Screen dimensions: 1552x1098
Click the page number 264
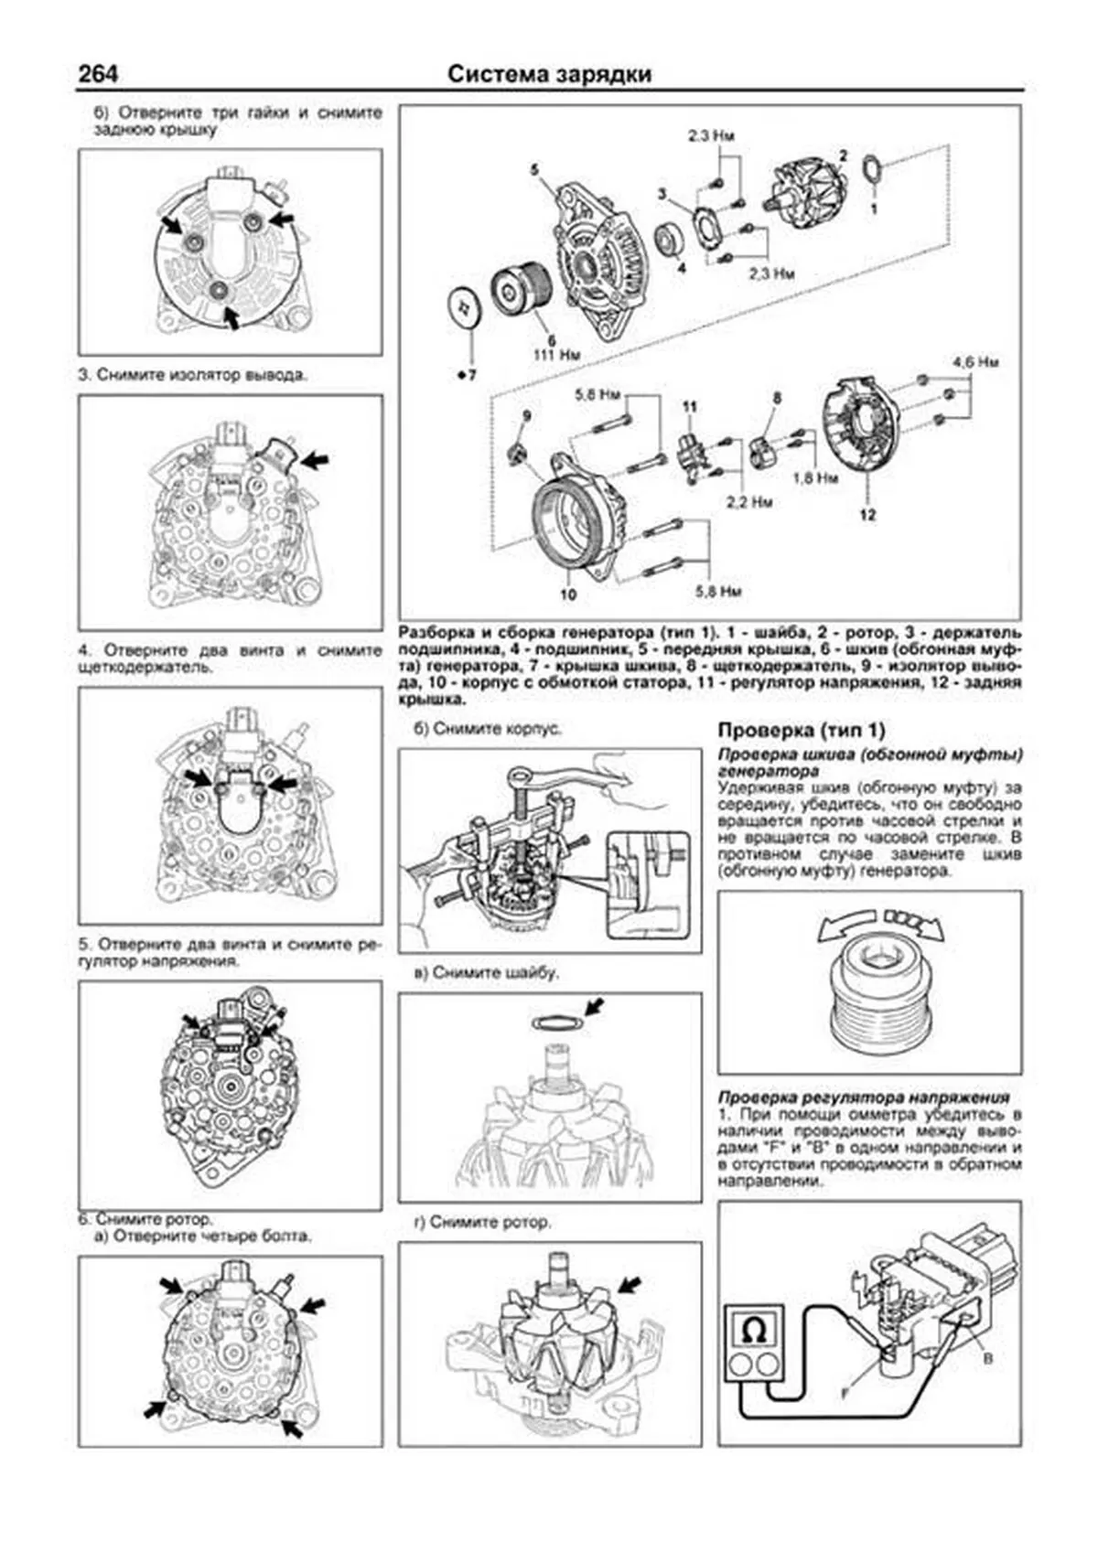(x=98, y=74)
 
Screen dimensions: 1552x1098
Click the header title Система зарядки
(x=549, y=74)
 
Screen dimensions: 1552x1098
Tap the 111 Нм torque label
(x=557, y=353)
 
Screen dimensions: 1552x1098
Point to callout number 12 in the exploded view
(x=867, y=514)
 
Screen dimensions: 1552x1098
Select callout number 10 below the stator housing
(x=568, y=594)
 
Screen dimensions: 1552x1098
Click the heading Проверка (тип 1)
(x=801, y=730)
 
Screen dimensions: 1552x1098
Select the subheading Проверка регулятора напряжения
(x=863, y=1097)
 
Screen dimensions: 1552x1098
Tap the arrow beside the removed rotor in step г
(x=630, y=1283)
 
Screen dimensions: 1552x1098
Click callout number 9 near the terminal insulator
(x=525, y=416)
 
